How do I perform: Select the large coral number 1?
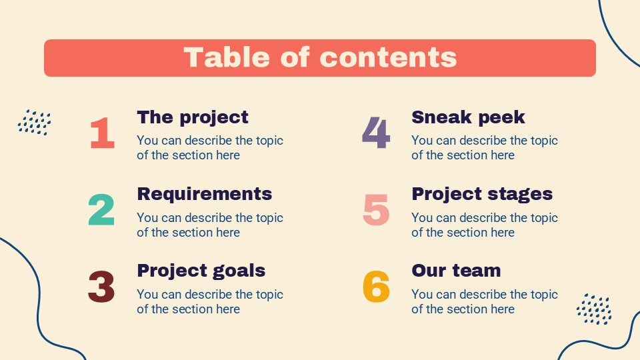pos(102,133)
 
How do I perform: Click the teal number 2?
pos(101,210)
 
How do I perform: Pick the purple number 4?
pos(376,133)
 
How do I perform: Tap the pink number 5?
pos(376,210)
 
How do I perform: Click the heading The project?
pos(193,117)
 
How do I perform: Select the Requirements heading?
pos(205,194)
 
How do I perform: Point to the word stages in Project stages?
pos(519,194)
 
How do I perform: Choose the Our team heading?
pos(456,271)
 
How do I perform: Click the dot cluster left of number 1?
pos(35,123)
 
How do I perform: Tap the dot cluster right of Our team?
pos(594,309)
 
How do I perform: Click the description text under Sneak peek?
pos(484,148)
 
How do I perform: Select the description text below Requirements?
pos(209,225)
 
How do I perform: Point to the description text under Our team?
pos(484,301)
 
